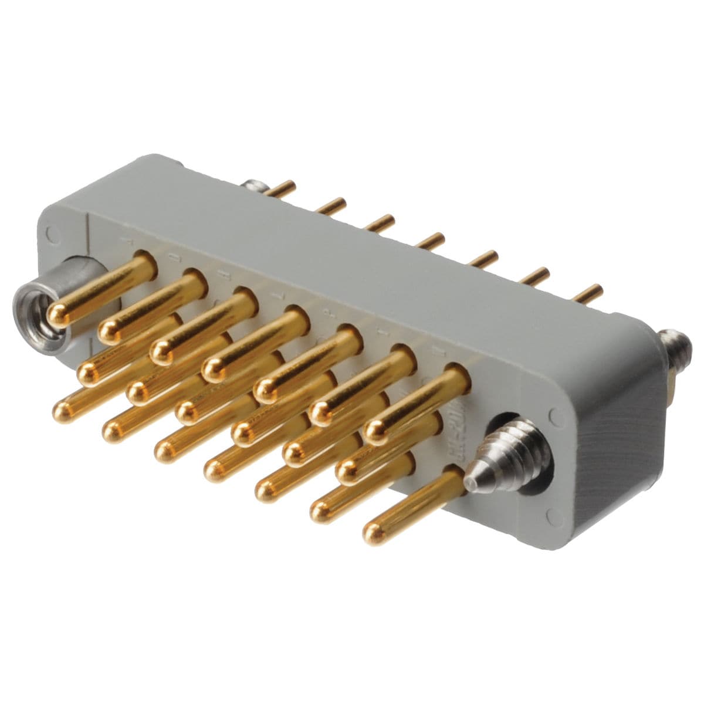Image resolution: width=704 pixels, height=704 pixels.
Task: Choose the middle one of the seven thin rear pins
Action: pyautogui.click(x=433, y=239)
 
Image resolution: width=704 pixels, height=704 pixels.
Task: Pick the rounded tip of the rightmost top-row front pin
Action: pyautogui.click(x=376, y=432)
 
